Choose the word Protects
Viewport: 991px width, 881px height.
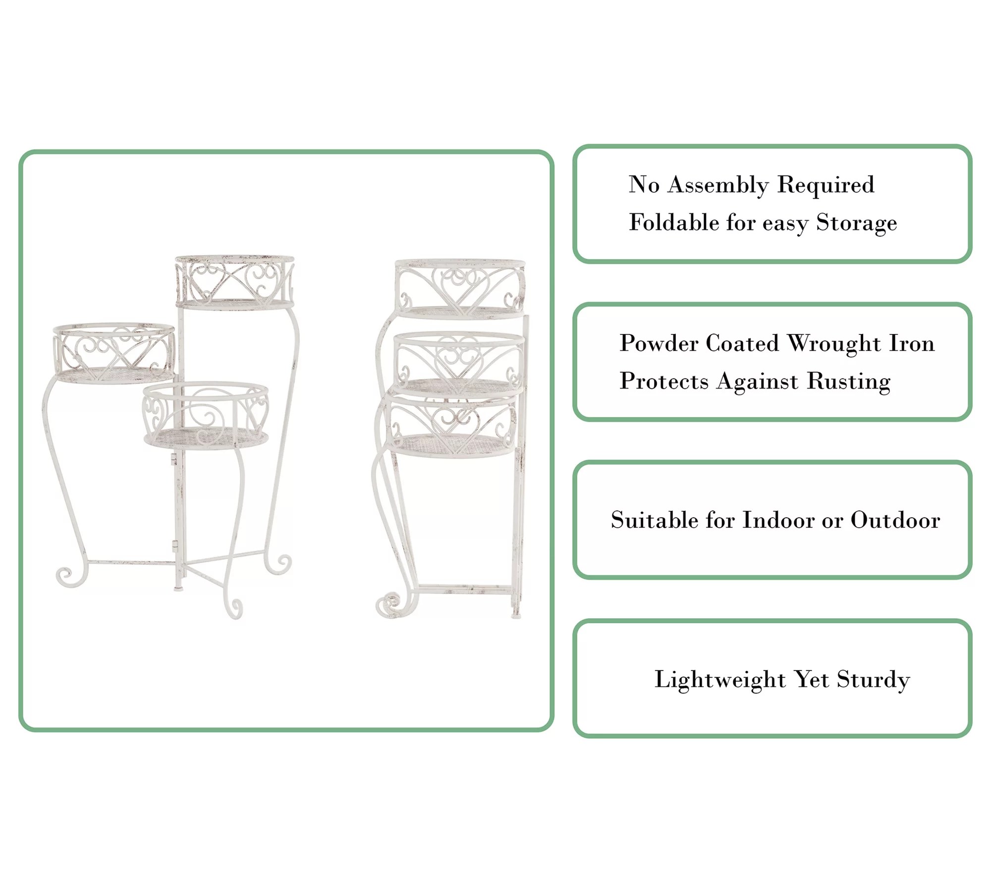pos(664,382)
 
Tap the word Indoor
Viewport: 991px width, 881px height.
pos(778,520)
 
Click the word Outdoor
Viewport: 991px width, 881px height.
pos(895,520)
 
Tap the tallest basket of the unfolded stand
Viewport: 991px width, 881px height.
pos(235,282)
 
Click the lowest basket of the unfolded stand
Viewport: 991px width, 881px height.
pos(205,415)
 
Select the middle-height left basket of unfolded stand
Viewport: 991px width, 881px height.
pos(113,353)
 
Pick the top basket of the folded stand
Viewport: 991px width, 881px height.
pos(460,288)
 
